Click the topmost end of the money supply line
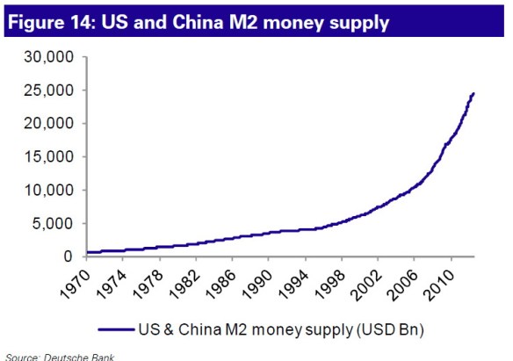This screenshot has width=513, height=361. point(473,93)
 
